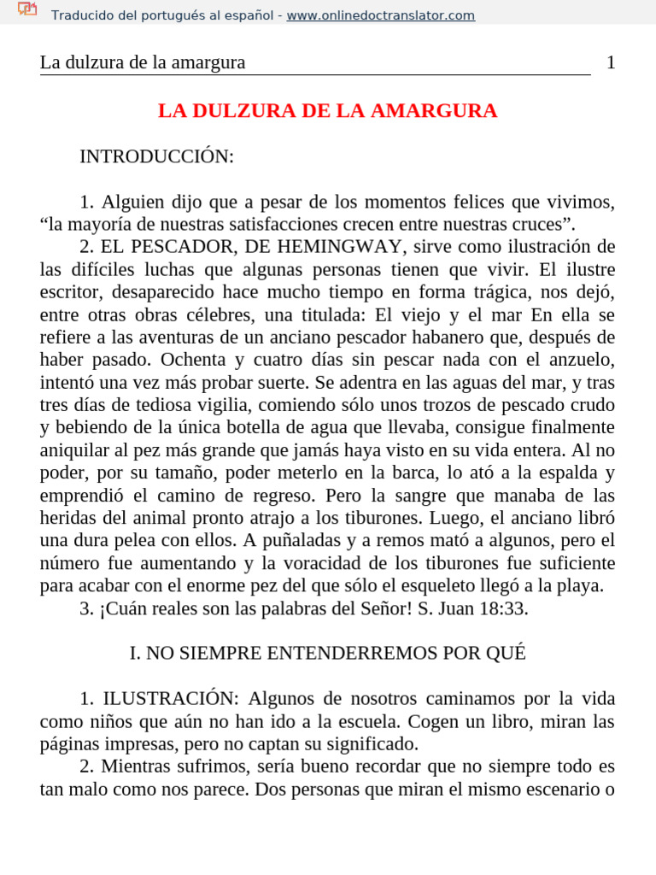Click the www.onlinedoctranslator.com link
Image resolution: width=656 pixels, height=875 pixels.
tap(381, 15)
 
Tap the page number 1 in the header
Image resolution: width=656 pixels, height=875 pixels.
tap(611, 62)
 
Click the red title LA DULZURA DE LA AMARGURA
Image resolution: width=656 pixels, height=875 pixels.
tap(328, 111)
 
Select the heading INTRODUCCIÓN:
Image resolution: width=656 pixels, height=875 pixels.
tap(156, 156)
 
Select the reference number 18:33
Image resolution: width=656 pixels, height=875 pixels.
tap(503, 608)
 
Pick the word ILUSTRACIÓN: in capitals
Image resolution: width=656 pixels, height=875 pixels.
tap(156, 698)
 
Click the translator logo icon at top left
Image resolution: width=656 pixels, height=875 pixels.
tap(27, 10)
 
